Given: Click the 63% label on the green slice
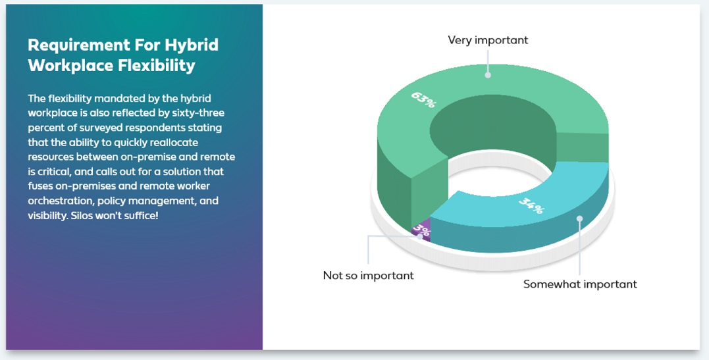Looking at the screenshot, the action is [424, 100].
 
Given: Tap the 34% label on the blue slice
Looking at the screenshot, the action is [532, 205].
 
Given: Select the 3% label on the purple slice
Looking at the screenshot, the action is [421, 230].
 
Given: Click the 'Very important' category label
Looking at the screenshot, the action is [488, 40].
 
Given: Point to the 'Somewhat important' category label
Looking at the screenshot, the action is [580, 284].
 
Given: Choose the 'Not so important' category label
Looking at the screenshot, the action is [368, 275].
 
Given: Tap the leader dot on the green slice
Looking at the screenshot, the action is [488, 75].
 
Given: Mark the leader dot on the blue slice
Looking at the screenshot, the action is [580, 219].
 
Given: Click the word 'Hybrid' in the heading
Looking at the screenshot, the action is [192, 45].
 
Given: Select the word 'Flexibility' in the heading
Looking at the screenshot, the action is [157, 66].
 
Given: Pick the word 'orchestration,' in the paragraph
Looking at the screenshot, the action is [61, 201].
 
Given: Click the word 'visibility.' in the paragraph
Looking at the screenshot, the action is [48, 215].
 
